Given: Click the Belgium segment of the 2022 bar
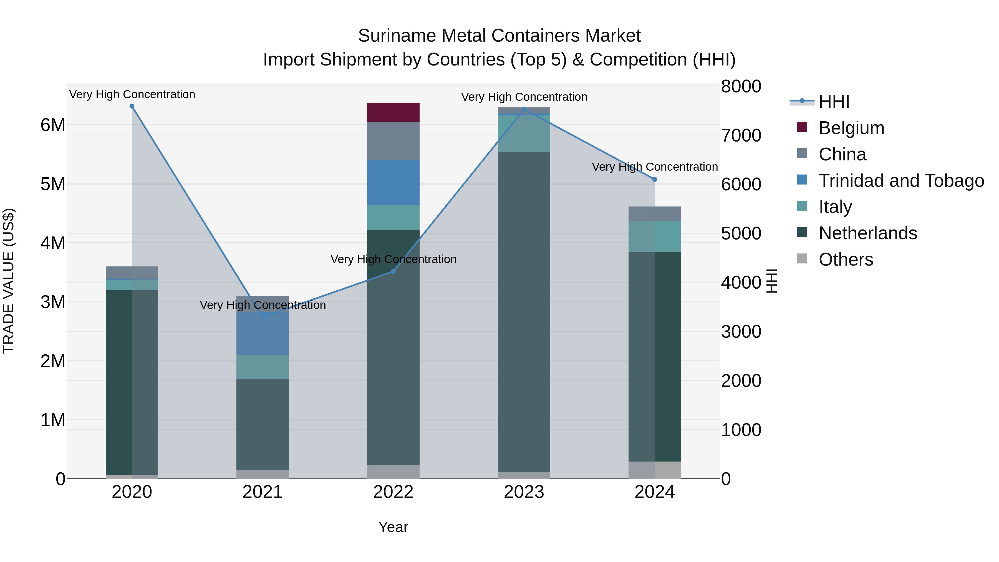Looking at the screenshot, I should click(393, 112).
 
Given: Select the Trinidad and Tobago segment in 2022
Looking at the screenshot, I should click(393, 182).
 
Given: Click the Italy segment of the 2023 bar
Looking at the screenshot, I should click(524, 133).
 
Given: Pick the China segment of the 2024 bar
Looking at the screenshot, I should click(655, 214).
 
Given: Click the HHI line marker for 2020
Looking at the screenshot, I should click(132, 106).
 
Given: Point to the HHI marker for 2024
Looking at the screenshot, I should click(655, 180).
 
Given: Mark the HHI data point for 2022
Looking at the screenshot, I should click(393, 271).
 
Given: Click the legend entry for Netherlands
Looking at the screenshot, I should click(867, 233).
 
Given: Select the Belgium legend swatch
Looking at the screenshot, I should click(802, 127).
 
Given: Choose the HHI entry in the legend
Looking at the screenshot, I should click(834, 102).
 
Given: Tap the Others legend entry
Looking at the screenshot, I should click(846, 259).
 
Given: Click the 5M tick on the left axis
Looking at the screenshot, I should click(53, 184).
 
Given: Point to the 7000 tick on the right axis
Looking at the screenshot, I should click(741, 135).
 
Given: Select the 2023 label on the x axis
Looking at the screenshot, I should click(524, 492).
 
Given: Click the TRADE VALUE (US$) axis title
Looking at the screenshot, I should click(9, 281).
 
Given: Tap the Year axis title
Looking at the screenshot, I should click(393, 527).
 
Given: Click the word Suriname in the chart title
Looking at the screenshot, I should click(396, 36).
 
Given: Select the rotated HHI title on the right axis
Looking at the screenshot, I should click(772, 281).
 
